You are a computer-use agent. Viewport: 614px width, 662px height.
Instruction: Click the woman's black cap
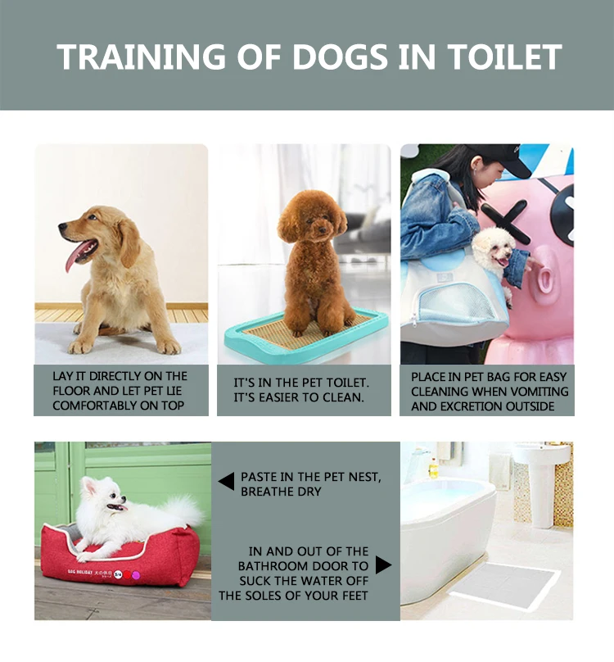[501, 158]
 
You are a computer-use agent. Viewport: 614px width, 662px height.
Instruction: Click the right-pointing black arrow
[383, 565]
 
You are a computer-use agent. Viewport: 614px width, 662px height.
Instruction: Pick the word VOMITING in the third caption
[536, 391]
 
